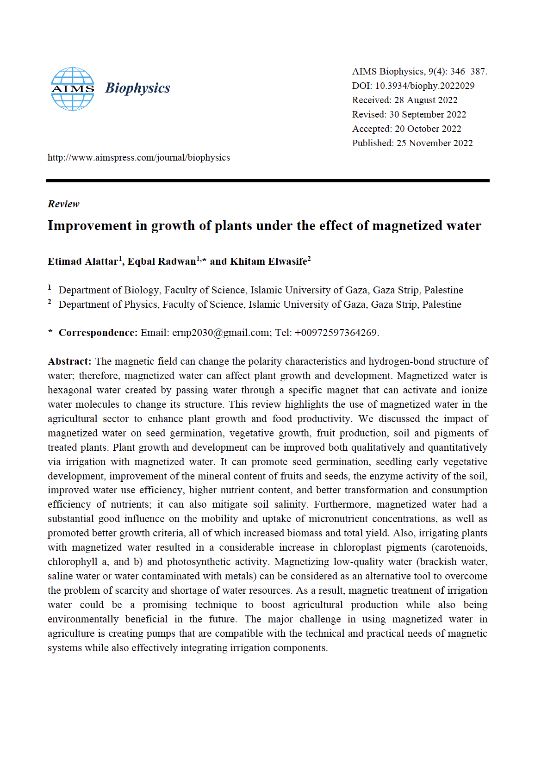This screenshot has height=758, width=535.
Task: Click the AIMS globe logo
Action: pyautogui.click(x=72, y=88)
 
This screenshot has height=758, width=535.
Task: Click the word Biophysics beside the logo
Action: pyautogui.click(x=137, y=88)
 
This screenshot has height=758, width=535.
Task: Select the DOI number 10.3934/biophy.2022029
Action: pyautogui.click(x=424, y=86)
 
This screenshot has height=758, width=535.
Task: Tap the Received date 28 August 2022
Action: pyautogui.click(x=425, y=100)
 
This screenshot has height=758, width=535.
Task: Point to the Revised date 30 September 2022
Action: pyautogui.click(x=427, y=114)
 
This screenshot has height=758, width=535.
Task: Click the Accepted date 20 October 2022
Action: pyautogui.click(x=428, y=129)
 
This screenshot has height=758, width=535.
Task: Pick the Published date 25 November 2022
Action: pyautogui.click(x=434, y=143)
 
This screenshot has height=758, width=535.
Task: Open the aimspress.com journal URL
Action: pyautogui.click(x=138, y=157)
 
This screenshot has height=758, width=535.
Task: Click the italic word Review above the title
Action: pyautogui.click(x=63, y=204)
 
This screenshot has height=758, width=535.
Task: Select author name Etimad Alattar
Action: pyautogui.click(x=83, y=261)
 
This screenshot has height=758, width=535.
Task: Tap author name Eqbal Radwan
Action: pyautogui.click(x=162, y=261)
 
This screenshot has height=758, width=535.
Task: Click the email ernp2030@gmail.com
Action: pyautogui.click(x=221, y=333)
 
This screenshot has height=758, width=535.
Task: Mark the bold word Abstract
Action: pyautogui.click(x=69, y=361)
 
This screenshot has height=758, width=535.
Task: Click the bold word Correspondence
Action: pyautogui.click(x=98, y=333)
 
